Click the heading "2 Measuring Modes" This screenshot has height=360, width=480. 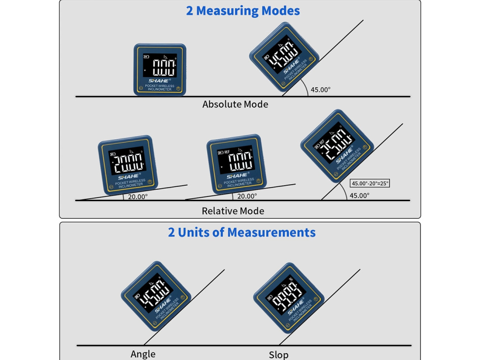click(x=243, y=11)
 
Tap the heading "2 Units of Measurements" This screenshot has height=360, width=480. click(x=241, y=232)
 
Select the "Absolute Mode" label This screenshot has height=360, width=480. click(x=235, y=104)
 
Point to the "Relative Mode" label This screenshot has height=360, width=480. click(x=233, y=211)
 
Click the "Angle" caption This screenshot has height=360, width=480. click(x=143, y=354)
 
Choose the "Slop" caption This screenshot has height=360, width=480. click(x=278, y=355)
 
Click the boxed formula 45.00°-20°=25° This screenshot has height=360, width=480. click(x=370, y=183)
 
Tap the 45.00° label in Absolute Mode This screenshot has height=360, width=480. click(x=321, y=90)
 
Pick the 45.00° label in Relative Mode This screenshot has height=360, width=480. click(x=360, y=195)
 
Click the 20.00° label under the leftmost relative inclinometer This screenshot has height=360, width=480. click(x=138, y=197)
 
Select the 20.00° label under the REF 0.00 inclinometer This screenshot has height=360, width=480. click(x=247, y=196)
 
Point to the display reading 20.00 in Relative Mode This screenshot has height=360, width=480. click(x=127, y=161)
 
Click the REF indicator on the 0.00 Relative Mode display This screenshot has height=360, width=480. click(x=227, y=152)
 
